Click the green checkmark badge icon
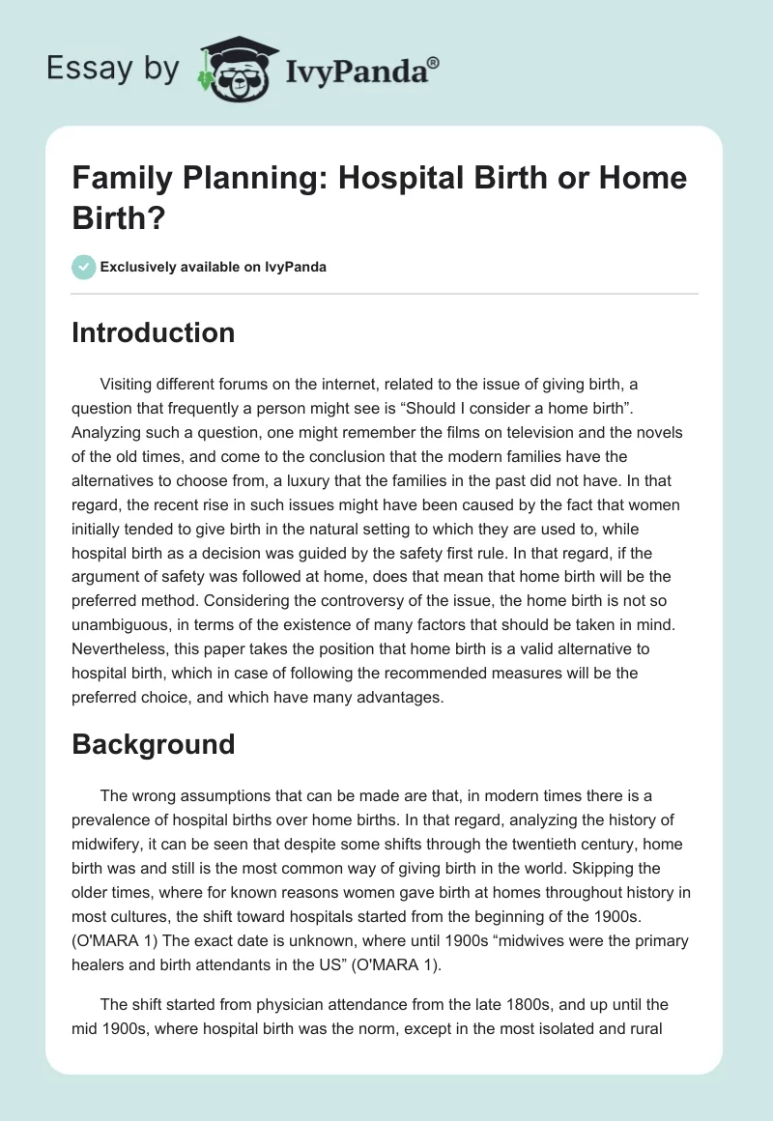tap(84, 267)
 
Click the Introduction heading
tap(153, 332)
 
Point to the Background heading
tap(153, 744)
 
